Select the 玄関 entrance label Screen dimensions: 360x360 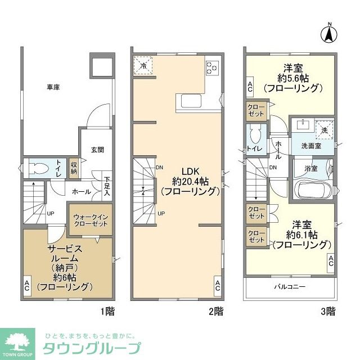[x=97, y=150]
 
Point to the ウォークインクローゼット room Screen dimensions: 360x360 [x=90, y=219]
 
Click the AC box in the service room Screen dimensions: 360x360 [x=27, y=285]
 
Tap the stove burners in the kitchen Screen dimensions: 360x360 [x=213, y=67]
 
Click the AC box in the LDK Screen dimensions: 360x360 [x=217, y=285]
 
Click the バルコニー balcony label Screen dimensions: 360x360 [x=290, y=286]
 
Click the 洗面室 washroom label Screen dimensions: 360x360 [x=311, y=145]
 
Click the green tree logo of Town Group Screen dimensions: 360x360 [x=19, y=340]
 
